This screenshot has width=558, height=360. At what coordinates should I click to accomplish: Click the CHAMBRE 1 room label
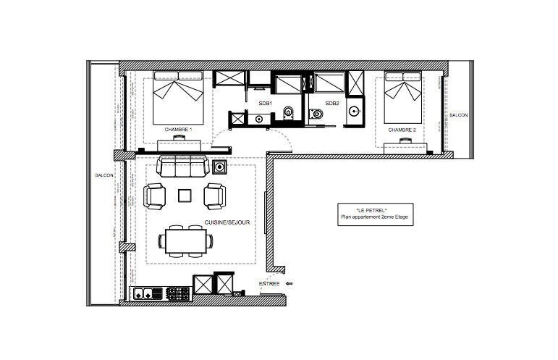(178, 130)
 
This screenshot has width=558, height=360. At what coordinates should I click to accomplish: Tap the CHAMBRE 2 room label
(402, 130)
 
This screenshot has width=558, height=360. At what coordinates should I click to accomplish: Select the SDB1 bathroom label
(265, 104)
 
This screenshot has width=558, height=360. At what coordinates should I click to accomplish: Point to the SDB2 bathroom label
(332, 104)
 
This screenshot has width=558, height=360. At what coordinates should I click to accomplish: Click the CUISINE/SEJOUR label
(227, 222)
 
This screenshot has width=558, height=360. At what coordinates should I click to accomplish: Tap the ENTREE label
(269, 284)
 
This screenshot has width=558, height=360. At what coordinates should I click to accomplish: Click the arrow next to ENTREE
(289, 284)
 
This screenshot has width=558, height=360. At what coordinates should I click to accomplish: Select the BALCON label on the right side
(458, 115)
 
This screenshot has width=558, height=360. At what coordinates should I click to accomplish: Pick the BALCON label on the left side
(104, 175)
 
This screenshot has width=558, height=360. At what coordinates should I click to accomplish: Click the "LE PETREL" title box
(375, 214)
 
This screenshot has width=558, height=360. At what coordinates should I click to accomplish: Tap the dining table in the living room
(186, 241)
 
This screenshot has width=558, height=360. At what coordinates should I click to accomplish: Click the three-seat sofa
(183, 166)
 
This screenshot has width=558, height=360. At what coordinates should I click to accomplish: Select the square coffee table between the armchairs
(185, 196)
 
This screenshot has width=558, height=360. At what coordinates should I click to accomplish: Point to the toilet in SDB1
(288, 112)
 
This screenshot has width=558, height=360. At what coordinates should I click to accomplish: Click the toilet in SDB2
(316, 114)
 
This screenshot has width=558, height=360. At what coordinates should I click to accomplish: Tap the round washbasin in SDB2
(354, 111)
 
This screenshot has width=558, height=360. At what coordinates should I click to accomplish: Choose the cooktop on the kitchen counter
(177, 294)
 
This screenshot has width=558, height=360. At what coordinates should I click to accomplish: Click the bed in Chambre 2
(403, 98)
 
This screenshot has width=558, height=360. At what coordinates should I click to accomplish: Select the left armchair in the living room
(154, 196)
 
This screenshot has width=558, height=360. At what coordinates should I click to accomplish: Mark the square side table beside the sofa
(219, 167)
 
